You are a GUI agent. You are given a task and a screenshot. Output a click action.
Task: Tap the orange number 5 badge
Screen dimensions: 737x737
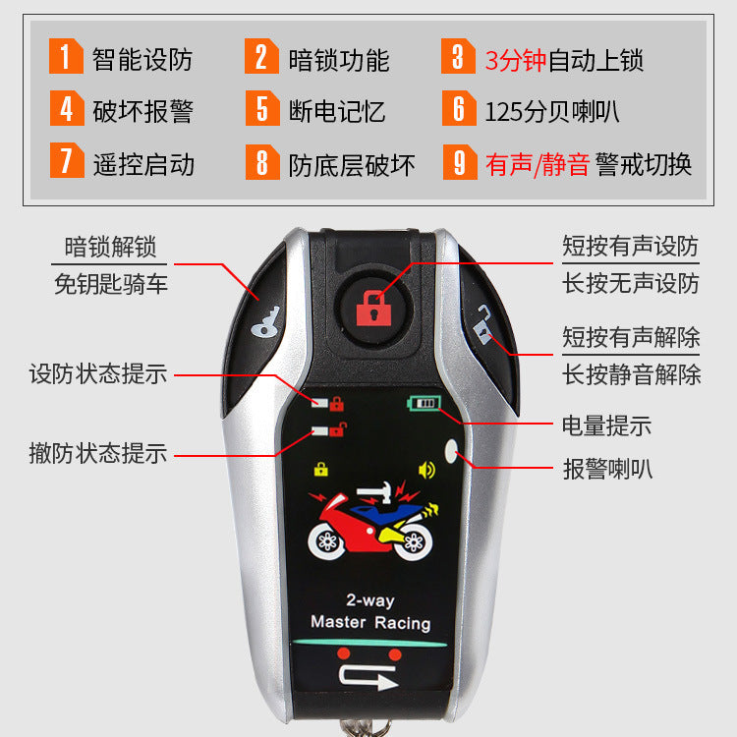click(262, 108)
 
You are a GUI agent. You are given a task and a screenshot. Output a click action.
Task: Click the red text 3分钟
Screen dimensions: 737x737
click(515, 59)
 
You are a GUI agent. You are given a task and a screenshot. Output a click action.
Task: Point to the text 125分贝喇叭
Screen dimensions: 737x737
click(551, 110)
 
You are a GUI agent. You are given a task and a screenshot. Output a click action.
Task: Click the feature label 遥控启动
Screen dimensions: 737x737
click(143, 162)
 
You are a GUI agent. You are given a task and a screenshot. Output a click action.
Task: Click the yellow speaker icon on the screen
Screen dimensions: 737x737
click(426, 469)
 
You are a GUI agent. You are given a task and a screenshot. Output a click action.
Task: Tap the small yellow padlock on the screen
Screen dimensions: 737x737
click(320, 469)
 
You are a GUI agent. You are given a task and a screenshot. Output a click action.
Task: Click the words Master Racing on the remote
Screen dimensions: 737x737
click(370, 622)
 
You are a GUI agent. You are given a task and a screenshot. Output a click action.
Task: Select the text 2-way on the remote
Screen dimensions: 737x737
click(369, 599)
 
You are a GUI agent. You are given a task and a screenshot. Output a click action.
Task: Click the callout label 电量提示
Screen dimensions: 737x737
click(606, 425)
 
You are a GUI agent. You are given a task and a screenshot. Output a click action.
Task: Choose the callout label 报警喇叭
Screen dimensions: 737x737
click(606, 469)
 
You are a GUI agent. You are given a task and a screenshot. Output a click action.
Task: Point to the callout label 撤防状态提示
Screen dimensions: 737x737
click(98, 453)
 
